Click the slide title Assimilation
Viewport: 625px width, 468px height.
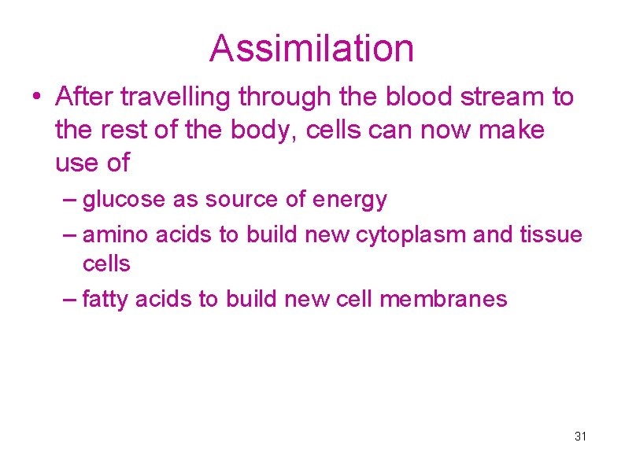pos(312,48)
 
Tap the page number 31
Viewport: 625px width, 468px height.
pos(581,436)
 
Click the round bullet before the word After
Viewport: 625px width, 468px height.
pos(36,98)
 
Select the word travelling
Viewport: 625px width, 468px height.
pos(178,97)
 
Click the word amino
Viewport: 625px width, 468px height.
pos(116,234)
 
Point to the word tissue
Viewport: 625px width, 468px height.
pos(551,234)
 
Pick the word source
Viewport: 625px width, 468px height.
pos(242,200)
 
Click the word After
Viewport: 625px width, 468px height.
pos(81,97)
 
